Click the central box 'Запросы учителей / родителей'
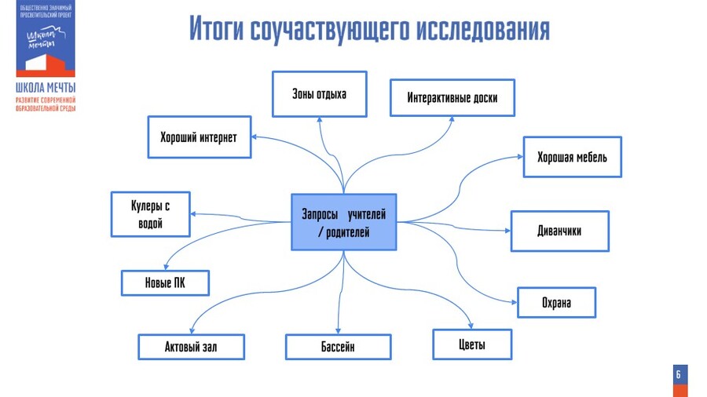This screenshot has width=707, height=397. pos(343,222)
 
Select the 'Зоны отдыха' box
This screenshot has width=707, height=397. pos(319,94)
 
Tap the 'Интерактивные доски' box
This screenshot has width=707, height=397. pos(452,98)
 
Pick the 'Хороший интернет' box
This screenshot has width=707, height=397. pos(199,137)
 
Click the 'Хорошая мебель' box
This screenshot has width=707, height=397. pos(572,157)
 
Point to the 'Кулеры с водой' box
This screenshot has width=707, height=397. pos(150,214)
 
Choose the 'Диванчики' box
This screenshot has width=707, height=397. pos(559,231)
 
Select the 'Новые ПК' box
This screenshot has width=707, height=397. pos(165,282)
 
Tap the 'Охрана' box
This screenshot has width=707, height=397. pos(556,302)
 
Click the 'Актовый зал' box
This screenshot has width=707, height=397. pos(191,346)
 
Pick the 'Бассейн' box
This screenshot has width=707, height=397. pos(338,346)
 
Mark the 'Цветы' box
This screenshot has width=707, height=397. pos(472,344)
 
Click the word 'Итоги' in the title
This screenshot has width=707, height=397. pos(216,30)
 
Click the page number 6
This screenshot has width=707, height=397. pos(679,375)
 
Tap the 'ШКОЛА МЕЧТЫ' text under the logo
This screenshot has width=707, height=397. pos(46,87)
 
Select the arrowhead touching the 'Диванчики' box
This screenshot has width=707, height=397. pos(507,231)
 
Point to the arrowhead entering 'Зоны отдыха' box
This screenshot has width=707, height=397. pos(321,120)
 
